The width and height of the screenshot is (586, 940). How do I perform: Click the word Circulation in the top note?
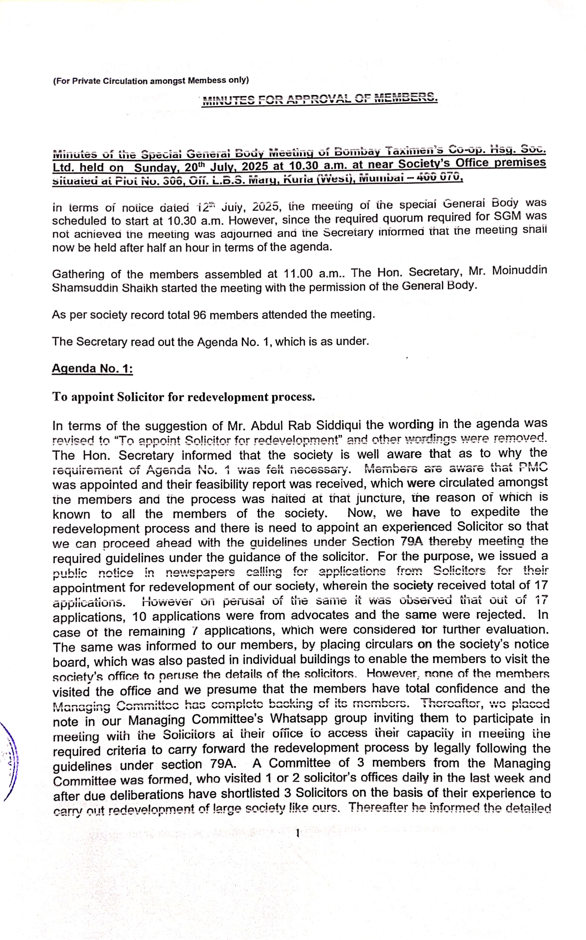point(125,81)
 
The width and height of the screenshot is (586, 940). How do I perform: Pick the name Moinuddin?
point(519,270)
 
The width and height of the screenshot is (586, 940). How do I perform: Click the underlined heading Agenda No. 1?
point(92,369)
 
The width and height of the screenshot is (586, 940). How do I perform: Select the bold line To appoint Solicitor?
point(183,397)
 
